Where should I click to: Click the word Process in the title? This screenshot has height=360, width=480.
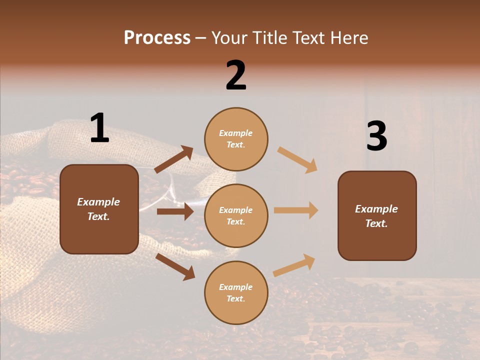(157, 37)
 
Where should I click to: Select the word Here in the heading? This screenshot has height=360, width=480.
(348, 37)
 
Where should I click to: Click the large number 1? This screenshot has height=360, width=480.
(99, 128)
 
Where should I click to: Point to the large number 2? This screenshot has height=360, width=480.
(236, 75)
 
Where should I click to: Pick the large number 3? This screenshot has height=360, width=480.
(376, 136)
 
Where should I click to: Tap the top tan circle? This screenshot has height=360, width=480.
(236, 138)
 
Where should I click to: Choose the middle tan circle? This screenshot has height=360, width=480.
(236, 215)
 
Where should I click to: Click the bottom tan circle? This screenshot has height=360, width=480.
(236, 292)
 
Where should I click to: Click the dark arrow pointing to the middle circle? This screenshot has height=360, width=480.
(175, 211)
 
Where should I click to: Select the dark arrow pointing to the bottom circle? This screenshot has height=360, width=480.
(175, 266)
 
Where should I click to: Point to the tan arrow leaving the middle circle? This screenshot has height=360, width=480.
(296, 210)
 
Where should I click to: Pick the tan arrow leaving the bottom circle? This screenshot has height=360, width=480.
(294, 265)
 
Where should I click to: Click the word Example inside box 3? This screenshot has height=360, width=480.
(376, 209)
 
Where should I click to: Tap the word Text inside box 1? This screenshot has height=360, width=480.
(98, 216)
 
